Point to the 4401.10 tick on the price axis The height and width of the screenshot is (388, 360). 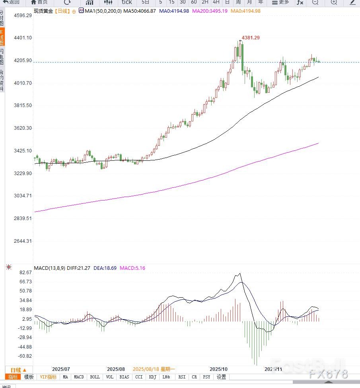[22, 38]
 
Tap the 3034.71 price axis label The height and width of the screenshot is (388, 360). [22, 196]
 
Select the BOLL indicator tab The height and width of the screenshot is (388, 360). [95, 377]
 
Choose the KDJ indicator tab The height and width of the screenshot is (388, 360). [152, 377]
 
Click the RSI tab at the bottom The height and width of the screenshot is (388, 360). [182, 377]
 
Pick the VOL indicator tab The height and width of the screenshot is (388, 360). [110, 377]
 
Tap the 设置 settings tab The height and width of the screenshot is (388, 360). [221, 377]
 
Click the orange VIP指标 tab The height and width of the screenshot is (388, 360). [48, 377]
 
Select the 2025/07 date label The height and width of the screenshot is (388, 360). [61, 369]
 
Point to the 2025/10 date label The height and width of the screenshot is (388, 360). [219, 369]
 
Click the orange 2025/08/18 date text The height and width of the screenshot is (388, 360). [154, 369]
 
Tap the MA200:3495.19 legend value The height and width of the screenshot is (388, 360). [210, 11]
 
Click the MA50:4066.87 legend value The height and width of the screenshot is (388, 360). [139, 11]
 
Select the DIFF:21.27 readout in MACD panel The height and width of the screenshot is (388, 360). [79, 268]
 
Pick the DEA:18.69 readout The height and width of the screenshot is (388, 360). [105, 268]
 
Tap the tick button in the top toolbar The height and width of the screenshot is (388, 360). [126, 2]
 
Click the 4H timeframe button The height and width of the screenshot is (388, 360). [216, 2]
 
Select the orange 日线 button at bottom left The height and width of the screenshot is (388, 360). [18, 370]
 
